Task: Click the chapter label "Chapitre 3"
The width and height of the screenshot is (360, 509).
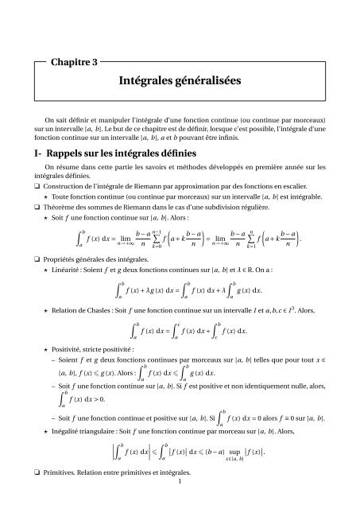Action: coord(77,60)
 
